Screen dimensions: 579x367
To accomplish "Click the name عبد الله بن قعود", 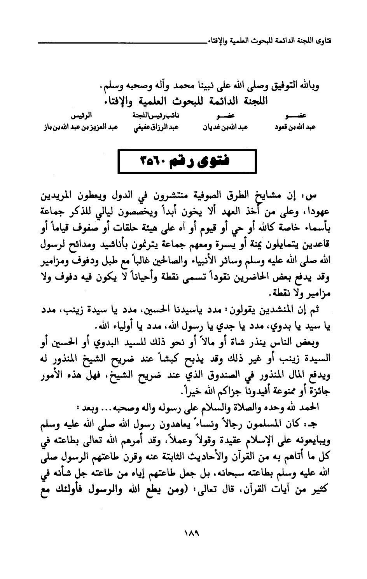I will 295,127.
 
